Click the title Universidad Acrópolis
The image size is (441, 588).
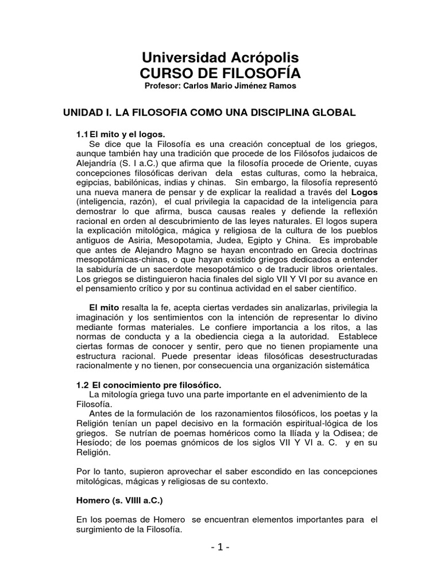(x=220, y=58)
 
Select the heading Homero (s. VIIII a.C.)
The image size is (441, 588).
(x=119, y=500)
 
